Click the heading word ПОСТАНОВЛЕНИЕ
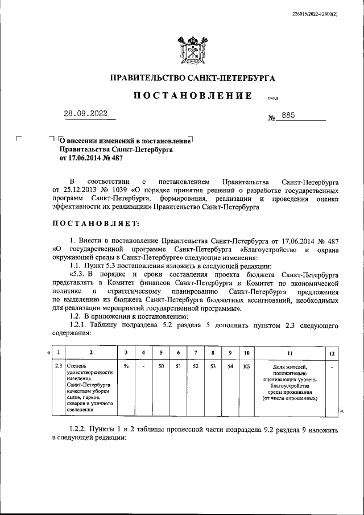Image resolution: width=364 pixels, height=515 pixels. [193, 96]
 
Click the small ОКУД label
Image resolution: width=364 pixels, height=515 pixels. [272, 98]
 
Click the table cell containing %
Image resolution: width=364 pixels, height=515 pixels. [126, 366]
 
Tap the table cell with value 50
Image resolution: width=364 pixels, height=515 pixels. [161, 366]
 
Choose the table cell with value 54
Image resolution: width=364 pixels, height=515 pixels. [229, 366]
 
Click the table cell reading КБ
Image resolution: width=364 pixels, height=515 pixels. [246, 366]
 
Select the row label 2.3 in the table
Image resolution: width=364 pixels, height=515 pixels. [57, 366]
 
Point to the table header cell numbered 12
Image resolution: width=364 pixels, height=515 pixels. [332, 353]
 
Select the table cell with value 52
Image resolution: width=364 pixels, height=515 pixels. [195, 366]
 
